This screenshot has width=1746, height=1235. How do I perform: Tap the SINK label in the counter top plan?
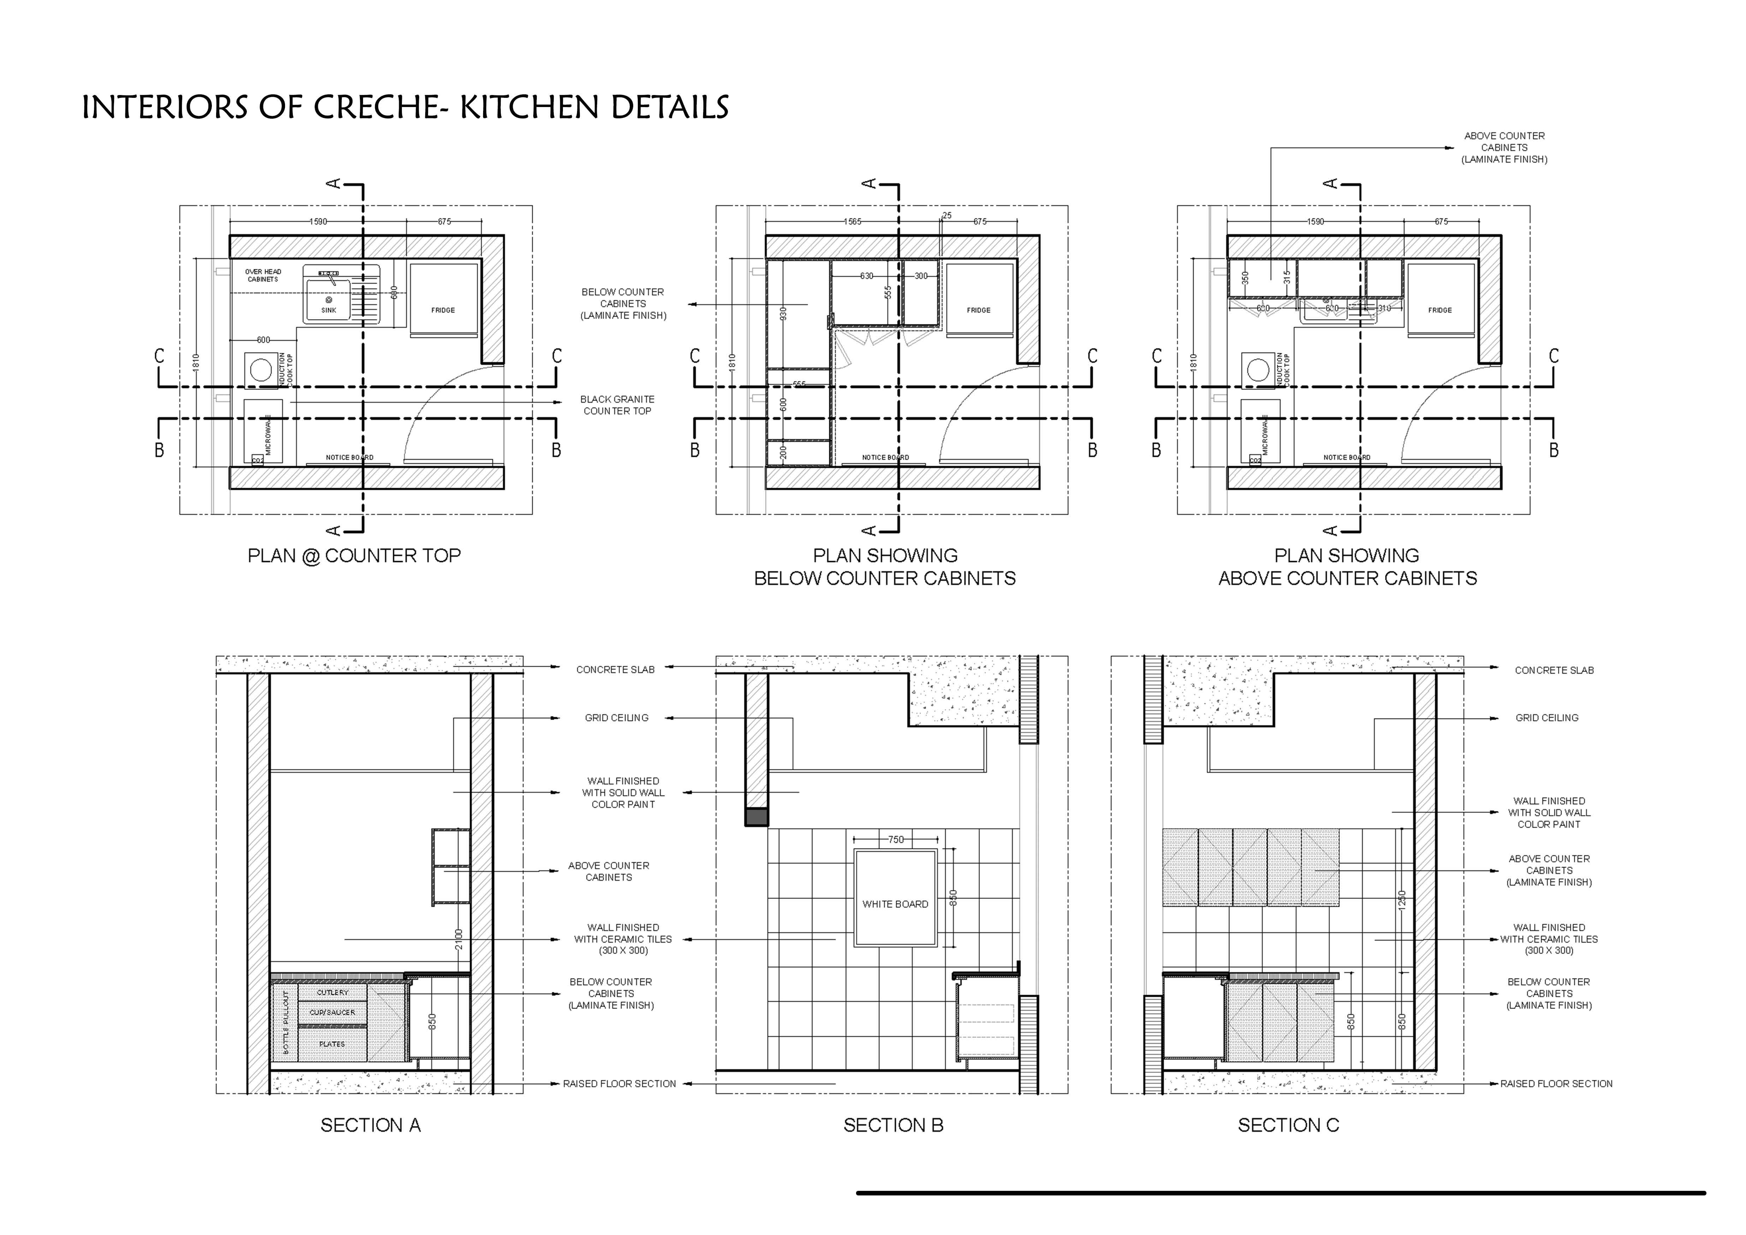(x=328, y=310)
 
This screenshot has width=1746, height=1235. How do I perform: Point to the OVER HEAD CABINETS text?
(x=263, y=275)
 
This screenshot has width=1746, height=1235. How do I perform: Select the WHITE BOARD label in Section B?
(x=895, y=904)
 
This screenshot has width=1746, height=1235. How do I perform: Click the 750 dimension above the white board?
(x=896, y=840)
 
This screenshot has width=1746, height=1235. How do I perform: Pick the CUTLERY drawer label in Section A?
(x=332, y=992)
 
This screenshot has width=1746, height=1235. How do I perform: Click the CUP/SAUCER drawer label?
(x=332, y=1012)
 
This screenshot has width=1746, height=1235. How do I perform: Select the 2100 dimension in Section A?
(x=458, y=939)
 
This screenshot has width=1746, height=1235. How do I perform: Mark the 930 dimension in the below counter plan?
(x=783, y=313)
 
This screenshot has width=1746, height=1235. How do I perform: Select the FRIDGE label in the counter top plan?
(x=443, y=310)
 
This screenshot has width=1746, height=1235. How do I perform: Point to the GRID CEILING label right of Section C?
(x=1547, y=718)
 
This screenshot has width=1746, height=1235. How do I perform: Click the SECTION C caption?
(x=1288, y=1125)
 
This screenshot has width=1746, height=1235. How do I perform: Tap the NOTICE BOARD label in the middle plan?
(x=885, y=458)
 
